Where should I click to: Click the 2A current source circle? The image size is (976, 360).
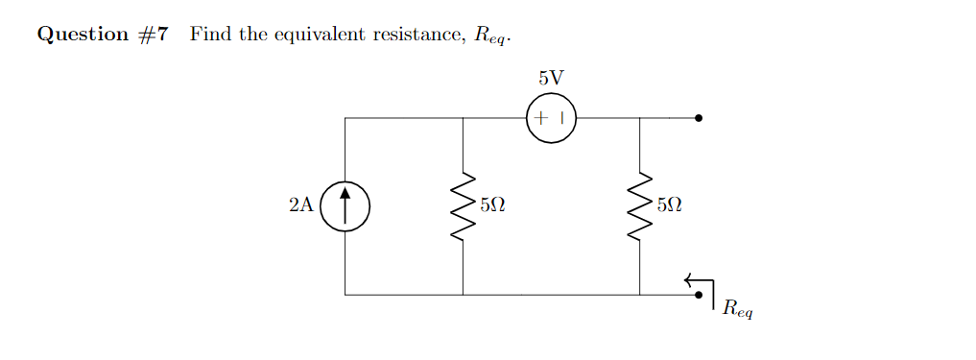pos(345,205)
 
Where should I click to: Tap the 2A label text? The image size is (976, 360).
pos(300,204)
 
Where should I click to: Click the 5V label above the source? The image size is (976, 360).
pos(551,78)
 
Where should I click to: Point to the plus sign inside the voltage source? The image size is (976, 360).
pos(541,119)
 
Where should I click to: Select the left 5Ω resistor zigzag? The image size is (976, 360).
pos(464,205)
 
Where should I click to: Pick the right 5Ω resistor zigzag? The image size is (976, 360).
pos(640,205)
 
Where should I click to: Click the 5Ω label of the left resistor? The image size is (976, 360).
pos(492,204)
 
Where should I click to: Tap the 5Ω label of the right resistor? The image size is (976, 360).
pos(669,204)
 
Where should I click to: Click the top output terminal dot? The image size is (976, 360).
pos(699,118)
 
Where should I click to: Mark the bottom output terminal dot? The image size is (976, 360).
pos(699,295)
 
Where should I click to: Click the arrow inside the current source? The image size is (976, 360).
pos(345,205)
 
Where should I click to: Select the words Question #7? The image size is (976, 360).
pos(103,35)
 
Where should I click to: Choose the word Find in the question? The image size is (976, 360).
pos(208,35)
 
